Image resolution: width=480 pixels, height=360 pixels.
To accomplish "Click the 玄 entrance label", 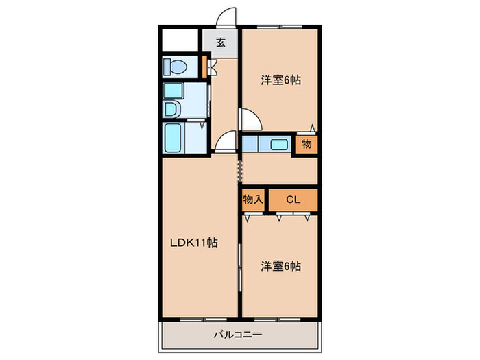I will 221,43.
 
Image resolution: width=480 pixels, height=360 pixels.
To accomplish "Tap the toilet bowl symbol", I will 173,67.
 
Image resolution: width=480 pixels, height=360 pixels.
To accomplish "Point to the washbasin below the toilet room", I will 171,108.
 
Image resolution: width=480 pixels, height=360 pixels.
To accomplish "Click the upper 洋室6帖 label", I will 280,80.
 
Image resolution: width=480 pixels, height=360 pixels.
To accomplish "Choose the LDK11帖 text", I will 195,242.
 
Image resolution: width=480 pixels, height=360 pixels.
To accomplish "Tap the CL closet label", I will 293,200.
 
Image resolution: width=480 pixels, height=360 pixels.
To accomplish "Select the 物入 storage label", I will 253,200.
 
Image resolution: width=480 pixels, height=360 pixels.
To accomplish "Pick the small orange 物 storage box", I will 307,144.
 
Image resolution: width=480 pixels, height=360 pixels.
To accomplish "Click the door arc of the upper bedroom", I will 251,120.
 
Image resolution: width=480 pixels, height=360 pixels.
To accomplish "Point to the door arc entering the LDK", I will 224,143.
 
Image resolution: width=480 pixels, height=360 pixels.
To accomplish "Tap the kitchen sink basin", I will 278,144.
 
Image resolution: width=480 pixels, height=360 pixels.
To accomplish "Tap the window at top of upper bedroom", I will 280,27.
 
